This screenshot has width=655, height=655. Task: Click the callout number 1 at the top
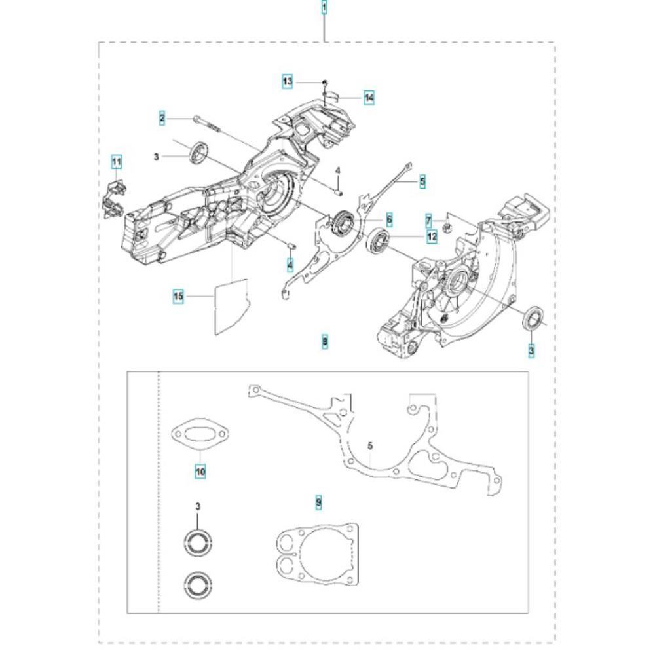coord(324,8)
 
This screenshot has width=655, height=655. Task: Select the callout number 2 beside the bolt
coord(162,118)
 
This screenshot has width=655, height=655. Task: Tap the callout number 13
coord(287,81)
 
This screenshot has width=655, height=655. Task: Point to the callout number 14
coord(369,98)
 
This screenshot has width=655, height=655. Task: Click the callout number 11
coord(117,161)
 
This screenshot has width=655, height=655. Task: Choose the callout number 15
coord(178,296)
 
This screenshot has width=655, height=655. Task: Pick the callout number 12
coord(432,236)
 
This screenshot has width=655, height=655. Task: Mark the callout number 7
coord(428,220)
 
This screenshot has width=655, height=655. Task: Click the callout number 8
coord(325,341)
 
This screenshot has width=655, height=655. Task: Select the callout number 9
coord(319,501)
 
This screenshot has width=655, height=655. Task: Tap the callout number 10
coord(200,472)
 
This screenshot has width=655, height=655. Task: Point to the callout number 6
coord(389,219)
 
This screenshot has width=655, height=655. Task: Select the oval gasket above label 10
coord(200,434)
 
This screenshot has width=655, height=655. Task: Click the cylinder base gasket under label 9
coord(318,553)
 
